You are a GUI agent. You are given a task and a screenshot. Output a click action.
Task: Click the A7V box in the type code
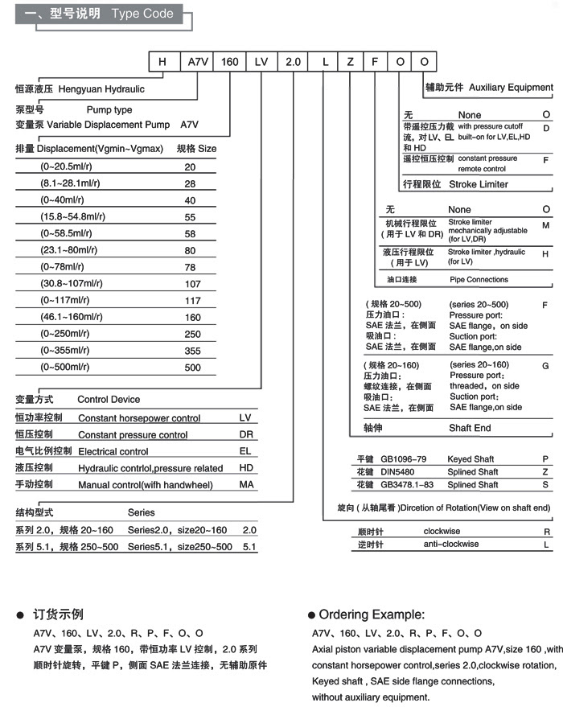point(196,62)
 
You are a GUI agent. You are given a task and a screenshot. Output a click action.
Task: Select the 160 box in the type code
point(229,62)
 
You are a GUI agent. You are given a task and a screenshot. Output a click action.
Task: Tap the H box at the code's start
point(163,62)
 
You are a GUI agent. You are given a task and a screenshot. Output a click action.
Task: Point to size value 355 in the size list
point(192,351)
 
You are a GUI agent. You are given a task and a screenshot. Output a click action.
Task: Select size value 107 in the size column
point(192,284)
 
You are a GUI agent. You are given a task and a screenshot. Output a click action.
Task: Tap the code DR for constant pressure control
point(246,435)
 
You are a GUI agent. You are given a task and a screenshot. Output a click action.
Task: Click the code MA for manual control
point(246,485)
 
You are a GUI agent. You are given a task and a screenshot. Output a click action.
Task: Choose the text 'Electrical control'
point(113,452)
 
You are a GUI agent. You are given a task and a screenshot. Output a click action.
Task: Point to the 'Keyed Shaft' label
point(471,459)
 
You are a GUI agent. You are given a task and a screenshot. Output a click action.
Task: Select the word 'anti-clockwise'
point(451,545)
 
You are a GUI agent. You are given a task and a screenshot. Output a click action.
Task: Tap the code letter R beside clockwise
point(547,532)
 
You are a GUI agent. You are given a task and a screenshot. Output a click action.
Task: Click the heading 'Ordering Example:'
point(372,615)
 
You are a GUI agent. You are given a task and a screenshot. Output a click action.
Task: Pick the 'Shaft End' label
point(470,429)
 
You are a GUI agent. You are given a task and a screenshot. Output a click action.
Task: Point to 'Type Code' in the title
point(142,14)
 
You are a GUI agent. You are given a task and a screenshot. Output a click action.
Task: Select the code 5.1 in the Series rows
point(249,547)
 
